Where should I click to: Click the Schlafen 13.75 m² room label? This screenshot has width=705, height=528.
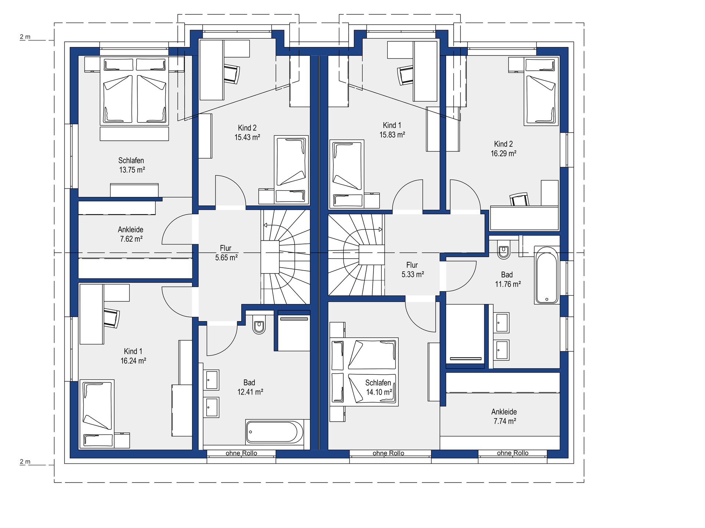pos(131,165)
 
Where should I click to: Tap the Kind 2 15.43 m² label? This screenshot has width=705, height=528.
pos(247,132)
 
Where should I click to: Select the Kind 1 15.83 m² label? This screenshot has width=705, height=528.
pos(392,130)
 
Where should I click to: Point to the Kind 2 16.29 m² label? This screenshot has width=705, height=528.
pos(503,149)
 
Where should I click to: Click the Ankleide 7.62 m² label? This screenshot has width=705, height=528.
pos(131,234)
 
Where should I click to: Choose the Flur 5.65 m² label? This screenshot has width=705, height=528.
pos(226,253)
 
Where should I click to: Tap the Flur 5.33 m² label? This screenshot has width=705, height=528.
pos(413,270)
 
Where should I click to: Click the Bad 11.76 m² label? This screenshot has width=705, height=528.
pos(508,279)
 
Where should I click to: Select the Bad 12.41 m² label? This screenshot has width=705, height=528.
pos(250,387)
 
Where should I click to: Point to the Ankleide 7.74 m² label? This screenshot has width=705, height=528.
pos(505,417)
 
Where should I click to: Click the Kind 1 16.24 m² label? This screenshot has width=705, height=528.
pos(133,356)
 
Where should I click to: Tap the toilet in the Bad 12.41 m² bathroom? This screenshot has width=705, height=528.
pos(259,324)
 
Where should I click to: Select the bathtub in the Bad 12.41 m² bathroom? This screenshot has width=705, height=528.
pos(274,432)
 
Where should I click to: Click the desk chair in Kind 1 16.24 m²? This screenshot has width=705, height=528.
pos(112,318)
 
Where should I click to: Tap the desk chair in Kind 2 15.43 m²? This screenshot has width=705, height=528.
pos(232,74)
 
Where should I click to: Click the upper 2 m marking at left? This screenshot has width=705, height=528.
pos(25,37)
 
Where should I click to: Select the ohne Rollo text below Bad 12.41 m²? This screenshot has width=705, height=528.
pos(241,453)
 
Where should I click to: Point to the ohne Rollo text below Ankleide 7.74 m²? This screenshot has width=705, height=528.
pos(513,453)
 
